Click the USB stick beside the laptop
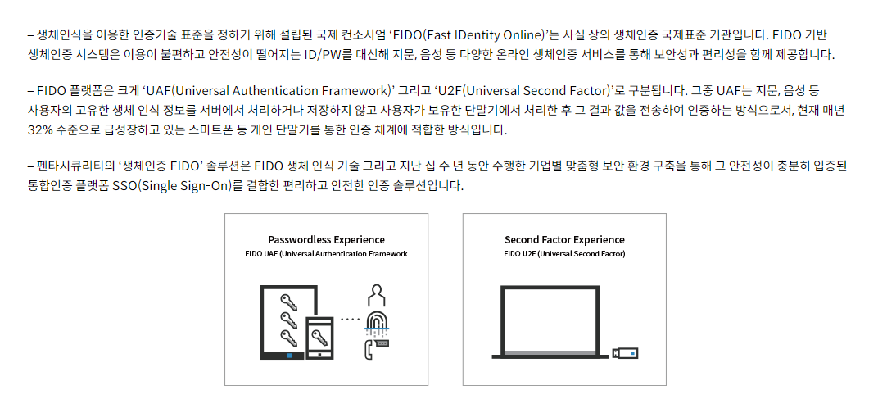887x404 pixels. (x=626, y=354)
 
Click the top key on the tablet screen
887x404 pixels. (x=289, y=300)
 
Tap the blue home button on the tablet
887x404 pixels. (x=289, y=356)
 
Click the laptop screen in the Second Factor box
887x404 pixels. (x=550, y=319)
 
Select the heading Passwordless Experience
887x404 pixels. (x=327, y=240)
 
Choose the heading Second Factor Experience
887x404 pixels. (x=564, y=240)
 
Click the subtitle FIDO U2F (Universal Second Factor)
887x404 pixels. (x=564, y=253)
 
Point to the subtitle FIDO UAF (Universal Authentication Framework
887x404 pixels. (x=327, y=253)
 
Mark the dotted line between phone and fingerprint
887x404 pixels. (x=351, y=319)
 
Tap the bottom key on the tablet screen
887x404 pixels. (x=289, y=338)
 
